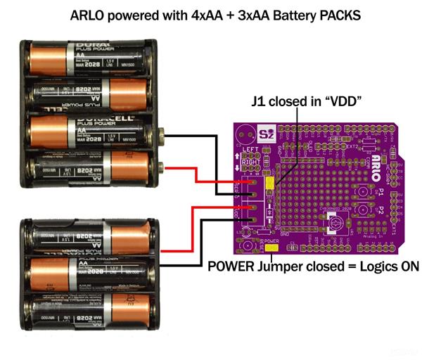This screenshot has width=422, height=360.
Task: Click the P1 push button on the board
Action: (x=365, y=191)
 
